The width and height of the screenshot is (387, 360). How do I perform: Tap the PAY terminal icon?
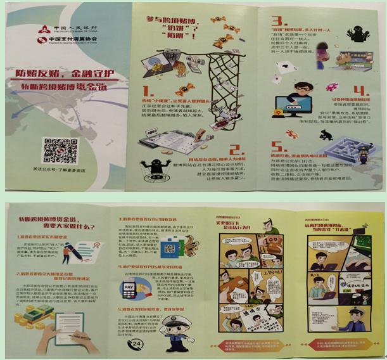(129, 289)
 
